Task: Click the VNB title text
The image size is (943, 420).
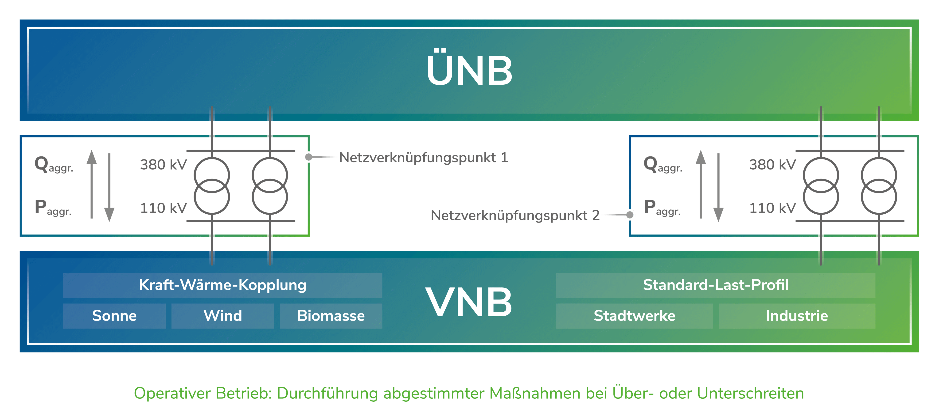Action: click(x=469, y=302)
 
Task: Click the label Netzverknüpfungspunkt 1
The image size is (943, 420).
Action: click(x=424, y=158)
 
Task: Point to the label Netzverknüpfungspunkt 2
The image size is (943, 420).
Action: click(x=515, y=215)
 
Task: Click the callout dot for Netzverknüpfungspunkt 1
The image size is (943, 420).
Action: click(x=309, y=157)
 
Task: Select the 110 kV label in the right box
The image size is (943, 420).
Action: click(x=772, y=208)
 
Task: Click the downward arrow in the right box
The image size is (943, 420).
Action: click(x=718, y=188)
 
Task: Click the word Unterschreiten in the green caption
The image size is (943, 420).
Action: click(x=750, y=393)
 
